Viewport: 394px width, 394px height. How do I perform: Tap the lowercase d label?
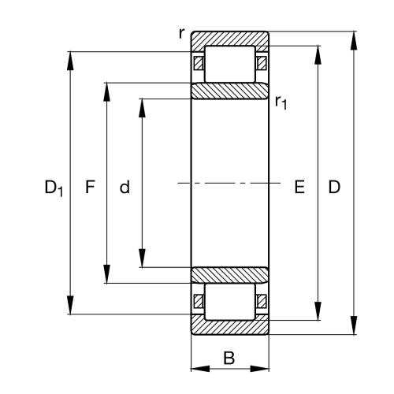pos(125,188)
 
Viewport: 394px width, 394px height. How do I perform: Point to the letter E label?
pos(299,188)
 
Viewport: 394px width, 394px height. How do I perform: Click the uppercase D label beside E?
pos(334,188)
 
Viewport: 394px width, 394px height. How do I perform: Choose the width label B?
pos(229,359)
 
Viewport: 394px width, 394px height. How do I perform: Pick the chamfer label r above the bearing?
pos(182,33)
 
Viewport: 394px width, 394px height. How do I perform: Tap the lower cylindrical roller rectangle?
pos(230,303)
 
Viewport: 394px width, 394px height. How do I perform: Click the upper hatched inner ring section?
pos(230,91)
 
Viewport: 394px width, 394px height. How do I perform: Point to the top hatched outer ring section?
pos(230,39)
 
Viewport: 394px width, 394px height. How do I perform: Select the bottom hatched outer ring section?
pos(230,327)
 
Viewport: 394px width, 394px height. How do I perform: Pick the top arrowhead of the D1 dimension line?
pos(72,58)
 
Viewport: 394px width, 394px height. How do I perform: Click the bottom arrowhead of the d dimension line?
pos(142,262)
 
